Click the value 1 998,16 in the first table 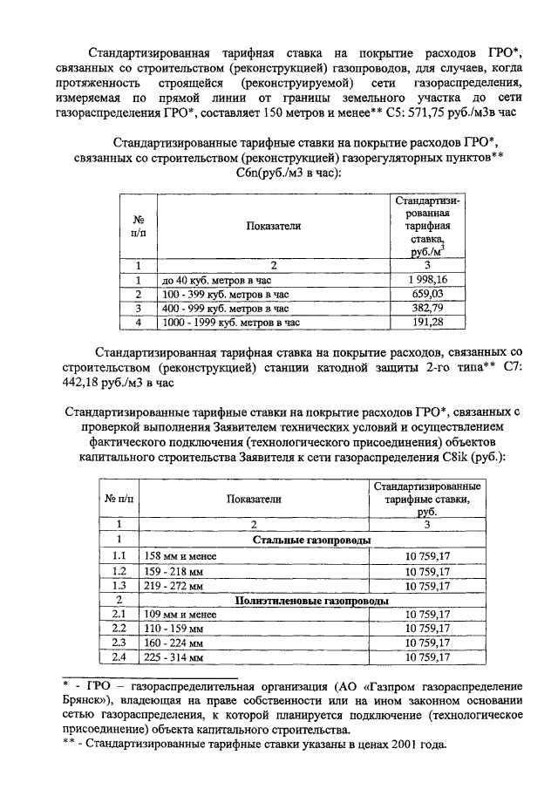click(x=428, y=280)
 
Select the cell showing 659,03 click(x=428, y=294)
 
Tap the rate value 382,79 click(x=428, y=308)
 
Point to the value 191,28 click(x=428, y=322)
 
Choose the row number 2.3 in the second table click(x=119, y=643)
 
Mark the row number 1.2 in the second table click(x=119, y=570)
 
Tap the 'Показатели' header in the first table click(x=273, y=226)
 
